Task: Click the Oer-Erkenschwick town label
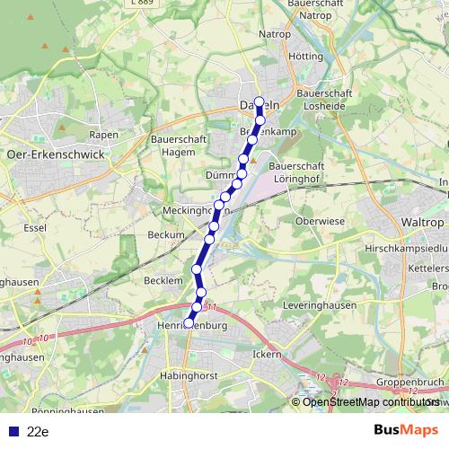(56, 154)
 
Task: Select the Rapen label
(104, 135)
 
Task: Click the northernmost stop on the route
(260, 101)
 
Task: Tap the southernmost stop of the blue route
(189, 322)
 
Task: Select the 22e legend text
(37, 432)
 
